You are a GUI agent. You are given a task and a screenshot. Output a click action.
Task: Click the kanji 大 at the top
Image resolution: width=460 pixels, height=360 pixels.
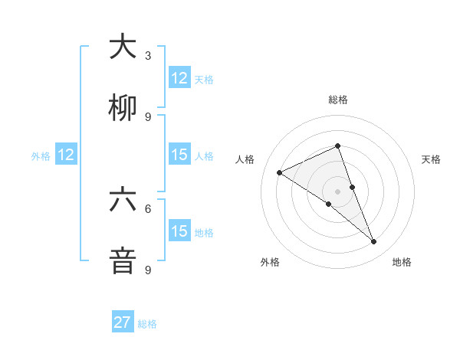pos(123,47)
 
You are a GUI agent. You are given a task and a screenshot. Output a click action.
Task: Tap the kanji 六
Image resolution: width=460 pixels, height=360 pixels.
pos(123,200)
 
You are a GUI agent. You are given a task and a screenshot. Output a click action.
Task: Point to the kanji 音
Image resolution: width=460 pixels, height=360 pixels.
pos(123,261)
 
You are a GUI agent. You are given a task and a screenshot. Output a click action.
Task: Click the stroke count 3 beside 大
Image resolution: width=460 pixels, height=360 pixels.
pos(148,55)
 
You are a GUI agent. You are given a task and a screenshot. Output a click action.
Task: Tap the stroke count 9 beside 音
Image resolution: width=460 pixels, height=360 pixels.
pos(148,270)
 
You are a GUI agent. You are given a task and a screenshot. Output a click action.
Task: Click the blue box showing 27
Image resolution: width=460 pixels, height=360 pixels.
pos(123,322)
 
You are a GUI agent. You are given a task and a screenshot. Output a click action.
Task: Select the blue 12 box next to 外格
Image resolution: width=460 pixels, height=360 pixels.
pos(66,155)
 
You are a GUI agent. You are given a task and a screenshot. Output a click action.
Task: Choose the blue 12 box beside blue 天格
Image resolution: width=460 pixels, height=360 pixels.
pos(179,78)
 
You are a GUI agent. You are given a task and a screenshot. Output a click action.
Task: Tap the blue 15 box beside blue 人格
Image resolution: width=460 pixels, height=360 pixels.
pos(179,155)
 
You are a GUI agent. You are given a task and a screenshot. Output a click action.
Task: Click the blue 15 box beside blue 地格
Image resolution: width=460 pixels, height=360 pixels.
pos(179,231)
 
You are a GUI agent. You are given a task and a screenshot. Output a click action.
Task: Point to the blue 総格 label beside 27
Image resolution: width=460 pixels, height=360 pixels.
pos(147,324)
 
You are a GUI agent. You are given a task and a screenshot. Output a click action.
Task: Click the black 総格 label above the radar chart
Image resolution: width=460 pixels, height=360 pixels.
pos(338,100)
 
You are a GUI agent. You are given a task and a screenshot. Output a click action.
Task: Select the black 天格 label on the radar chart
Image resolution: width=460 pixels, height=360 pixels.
pos(432,159)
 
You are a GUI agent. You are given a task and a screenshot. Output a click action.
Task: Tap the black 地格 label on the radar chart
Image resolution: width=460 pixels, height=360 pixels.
pos(402,262)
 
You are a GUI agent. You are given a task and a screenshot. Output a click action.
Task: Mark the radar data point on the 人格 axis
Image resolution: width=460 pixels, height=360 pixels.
pos(280,172)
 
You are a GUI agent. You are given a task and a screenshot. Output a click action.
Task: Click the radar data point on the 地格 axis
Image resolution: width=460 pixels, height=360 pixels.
pos(374,242)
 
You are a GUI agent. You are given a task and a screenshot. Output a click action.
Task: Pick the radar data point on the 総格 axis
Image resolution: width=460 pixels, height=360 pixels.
pos(337,146)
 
